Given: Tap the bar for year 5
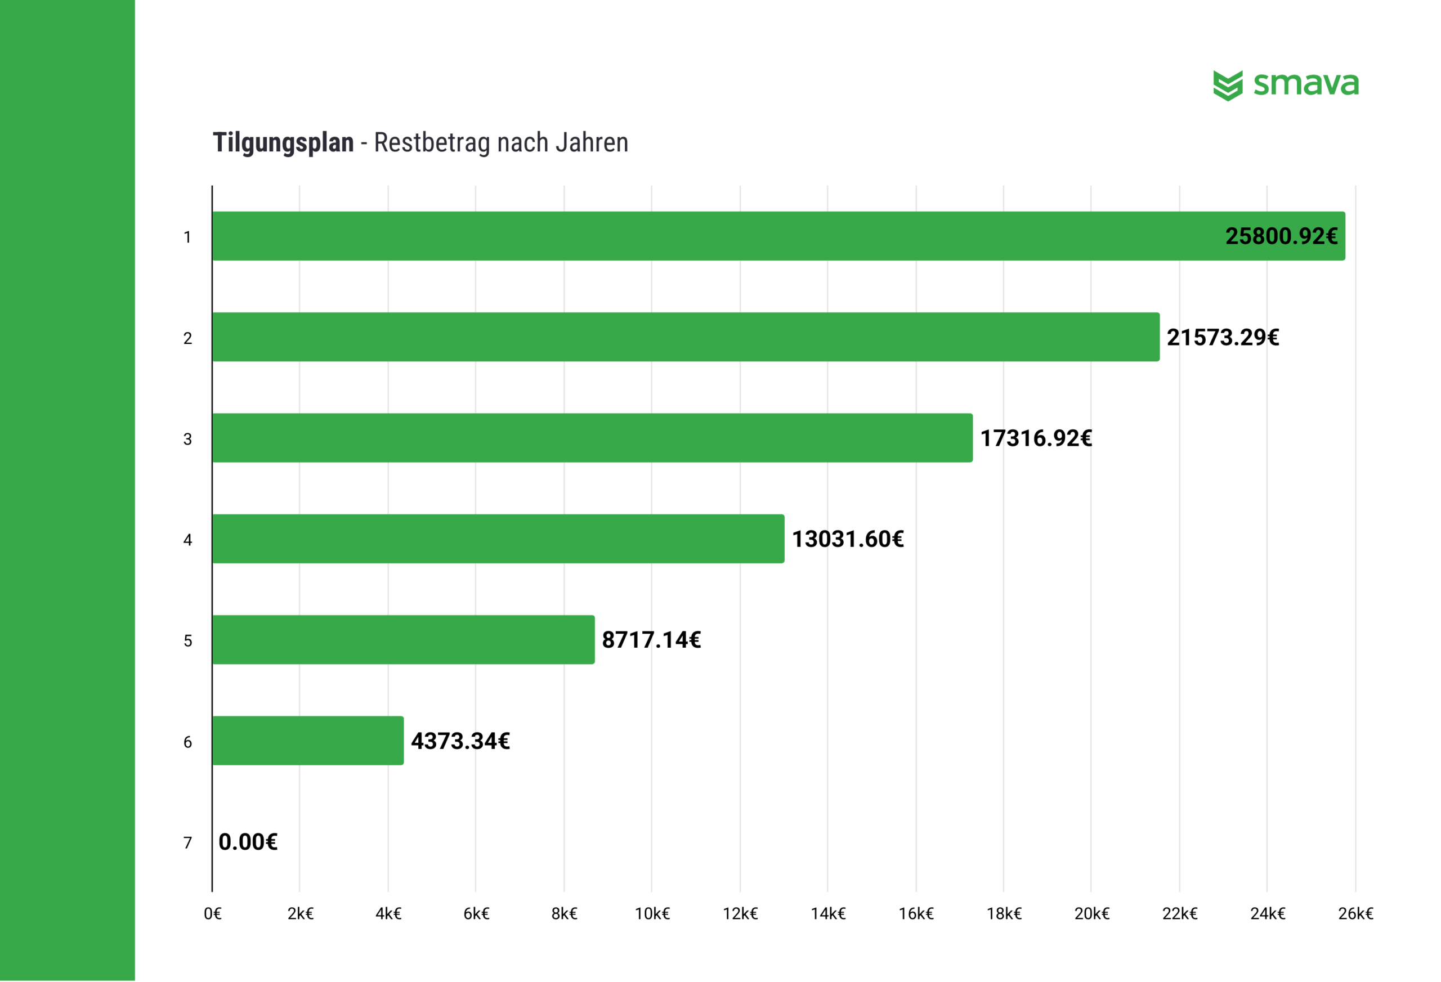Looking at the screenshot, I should [403, 640].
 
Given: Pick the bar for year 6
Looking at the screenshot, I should [307, 741].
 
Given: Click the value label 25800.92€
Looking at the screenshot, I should [1281, 236].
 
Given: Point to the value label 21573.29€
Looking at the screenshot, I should [1223, 337].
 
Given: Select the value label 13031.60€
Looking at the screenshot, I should [848, 539].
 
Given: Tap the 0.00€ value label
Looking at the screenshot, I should [248, 842].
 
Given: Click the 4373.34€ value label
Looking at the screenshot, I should [460, 741].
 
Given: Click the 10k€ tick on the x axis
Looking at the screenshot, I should [652, 914].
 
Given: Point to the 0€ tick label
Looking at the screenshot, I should [213, 914].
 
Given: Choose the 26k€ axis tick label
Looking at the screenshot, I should [1356, 914].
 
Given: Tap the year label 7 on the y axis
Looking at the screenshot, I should [187, 843].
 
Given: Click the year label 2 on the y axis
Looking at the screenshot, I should [187, 338].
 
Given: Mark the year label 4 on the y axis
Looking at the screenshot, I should [187, 540].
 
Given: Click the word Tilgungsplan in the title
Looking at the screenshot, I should [283, 142].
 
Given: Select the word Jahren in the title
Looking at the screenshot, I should [592, 142].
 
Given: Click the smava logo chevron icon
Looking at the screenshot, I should [1228, 86].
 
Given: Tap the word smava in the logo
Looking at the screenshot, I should [1306, 84].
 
